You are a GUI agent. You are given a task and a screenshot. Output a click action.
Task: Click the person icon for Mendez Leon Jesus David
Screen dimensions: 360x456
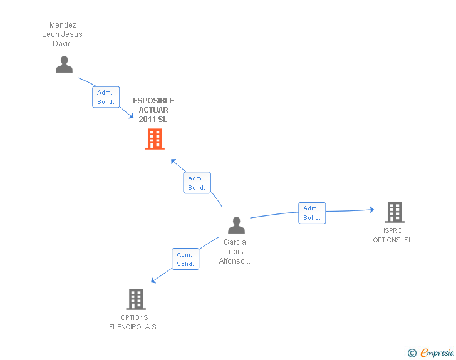pyautogui.click(x=64, y=64)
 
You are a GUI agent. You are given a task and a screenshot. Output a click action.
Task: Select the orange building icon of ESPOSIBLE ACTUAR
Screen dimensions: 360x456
pyautogui.click(x=155, y=139)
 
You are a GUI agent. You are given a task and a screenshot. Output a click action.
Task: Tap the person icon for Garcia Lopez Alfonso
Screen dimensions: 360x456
pyautogui.click(x=236, y=225)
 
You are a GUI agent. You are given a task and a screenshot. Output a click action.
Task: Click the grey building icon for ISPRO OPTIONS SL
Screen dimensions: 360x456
pyautogui.click(x=394, y=213)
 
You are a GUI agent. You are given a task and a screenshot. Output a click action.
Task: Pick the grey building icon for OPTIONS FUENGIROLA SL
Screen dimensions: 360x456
pyautogui.click(x=136, y=299)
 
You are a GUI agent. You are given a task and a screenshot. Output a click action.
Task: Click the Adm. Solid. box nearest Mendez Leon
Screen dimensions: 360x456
pyautogui.click(x=106, y=97)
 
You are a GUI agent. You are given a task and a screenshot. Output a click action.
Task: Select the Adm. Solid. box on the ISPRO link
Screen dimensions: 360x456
pyautogui.click(x=312, y=213)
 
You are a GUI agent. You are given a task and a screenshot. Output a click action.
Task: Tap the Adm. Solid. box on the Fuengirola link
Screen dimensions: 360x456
pyautogui.click(x=185, y=259)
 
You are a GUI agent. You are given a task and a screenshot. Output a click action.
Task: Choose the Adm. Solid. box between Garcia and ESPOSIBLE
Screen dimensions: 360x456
pyautogui.click(x=197, y=183)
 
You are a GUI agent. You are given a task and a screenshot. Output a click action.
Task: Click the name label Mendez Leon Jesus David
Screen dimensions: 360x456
pyautogui.click(x=62, y=34)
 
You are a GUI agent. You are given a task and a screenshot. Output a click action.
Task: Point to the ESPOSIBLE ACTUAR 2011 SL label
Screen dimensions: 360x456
pyautogui.click(x=153, y=110)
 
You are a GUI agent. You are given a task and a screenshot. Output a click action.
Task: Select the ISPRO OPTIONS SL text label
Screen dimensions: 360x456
pyautogui.click(x=393, y=235)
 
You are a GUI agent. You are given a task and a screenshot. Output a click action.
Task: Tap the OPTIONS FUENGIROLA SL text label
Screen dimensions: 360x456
pyautogui.click(x=134, y=322)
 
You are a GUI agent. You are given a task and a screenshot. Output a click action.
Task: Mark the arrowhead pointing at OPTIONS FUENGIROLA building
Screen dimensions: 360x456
pyautogui.click(x=153, y=281)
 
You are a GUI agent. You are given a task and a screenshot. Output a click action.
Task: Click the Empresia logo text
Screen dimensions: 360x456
pyautogui.click(x=437, y=353)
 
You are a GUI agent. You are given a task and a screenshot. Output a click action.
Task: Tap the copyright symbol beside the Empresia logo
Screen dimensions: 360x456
pyautogui.click(x=412, y=353)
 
